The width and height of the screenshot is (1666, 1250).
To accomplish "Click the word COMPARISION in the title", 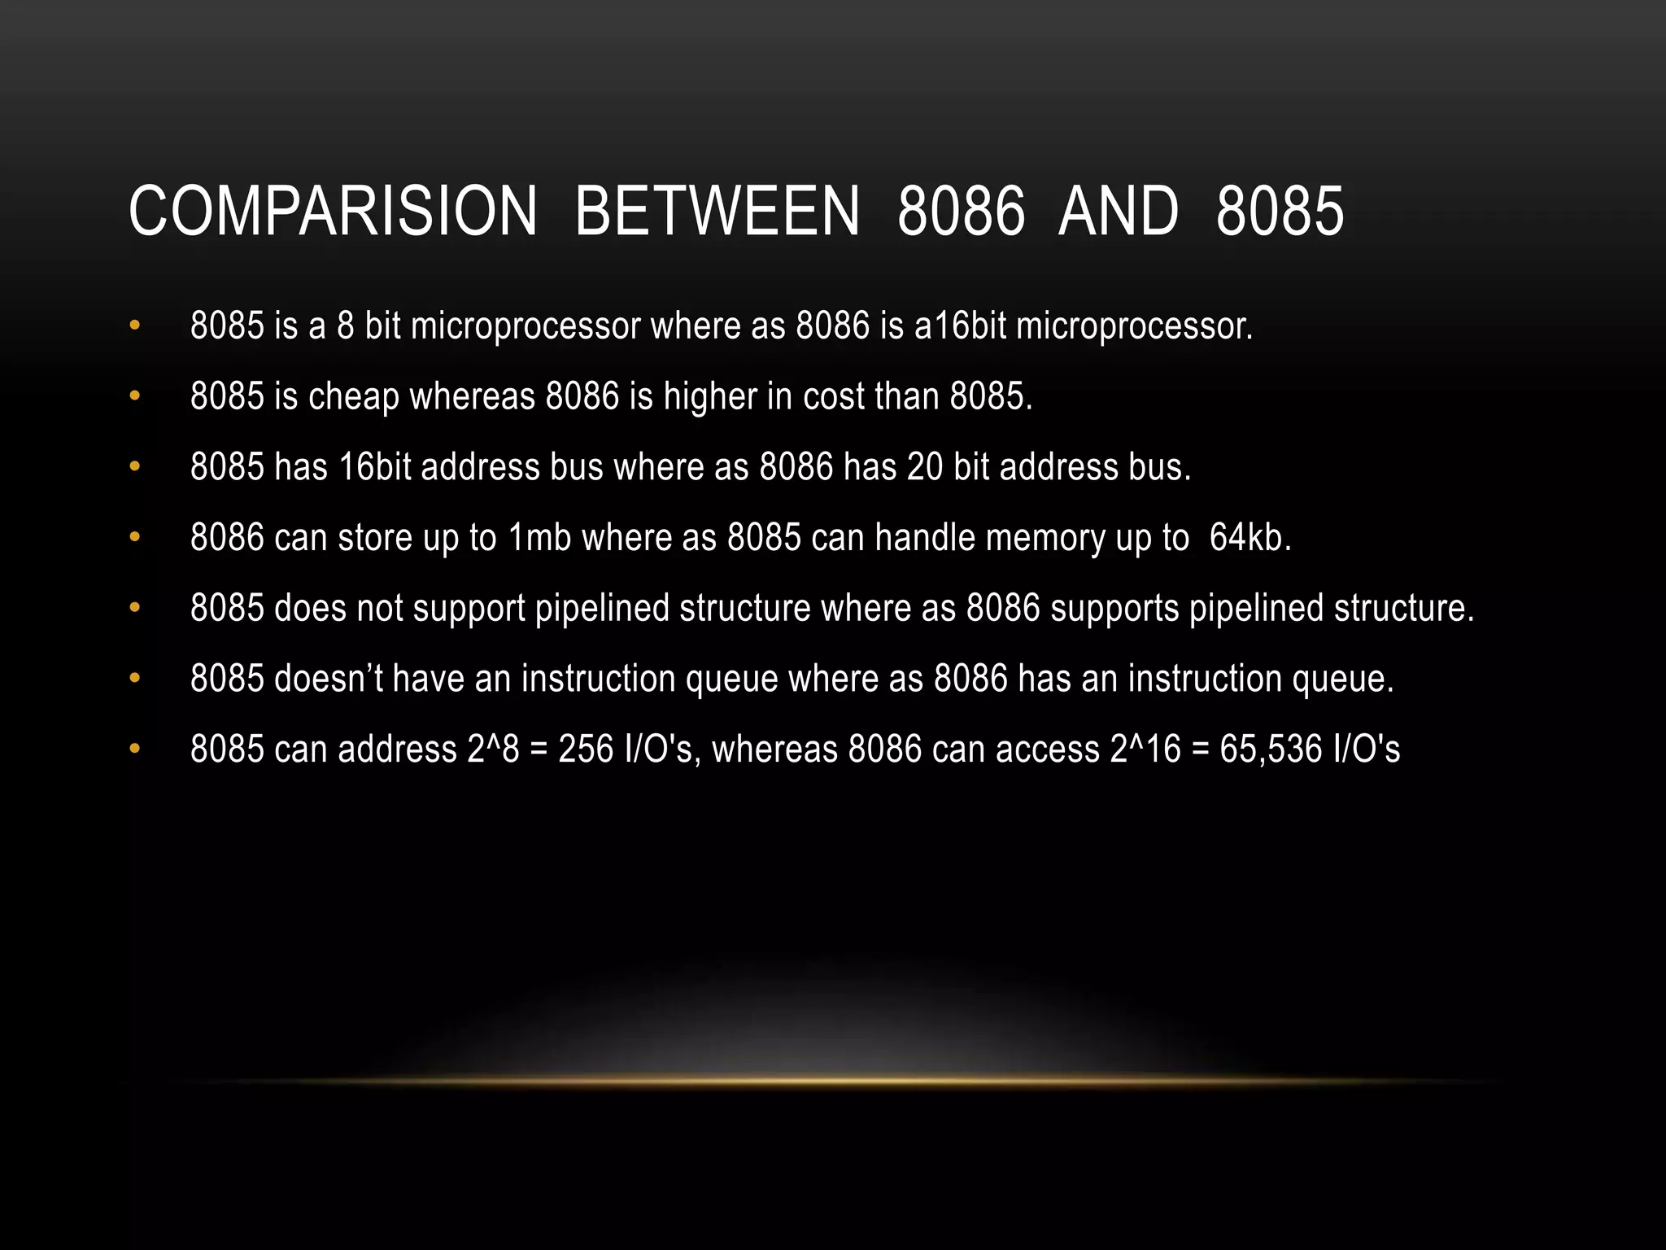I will (x=333, y=212).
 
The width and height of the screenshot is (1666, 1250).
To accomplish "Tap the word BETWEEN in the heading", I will (x=717, y=212).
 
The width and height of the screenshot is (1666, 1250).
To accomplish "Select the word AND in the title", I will (x=1118, y=212).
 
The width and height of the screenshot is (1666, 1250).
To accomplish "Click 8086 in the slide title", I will (x=961, y=212).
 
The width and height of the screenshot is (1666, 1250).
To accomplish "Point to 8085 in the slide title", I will (x=1280, y=212).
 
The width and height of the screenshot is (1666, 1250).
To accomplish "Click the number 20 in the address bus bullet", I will (x=924, y=467).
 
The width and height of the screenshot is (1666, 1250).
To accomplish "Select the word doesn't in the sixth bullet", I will (x=329, y=679).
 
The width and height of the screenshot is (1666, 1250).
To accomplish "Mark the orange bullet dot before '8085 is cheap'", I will (x=135, y=396).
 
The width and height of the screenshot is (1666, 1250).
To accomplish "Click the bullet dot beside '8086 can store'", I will (x=135, y=537).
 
